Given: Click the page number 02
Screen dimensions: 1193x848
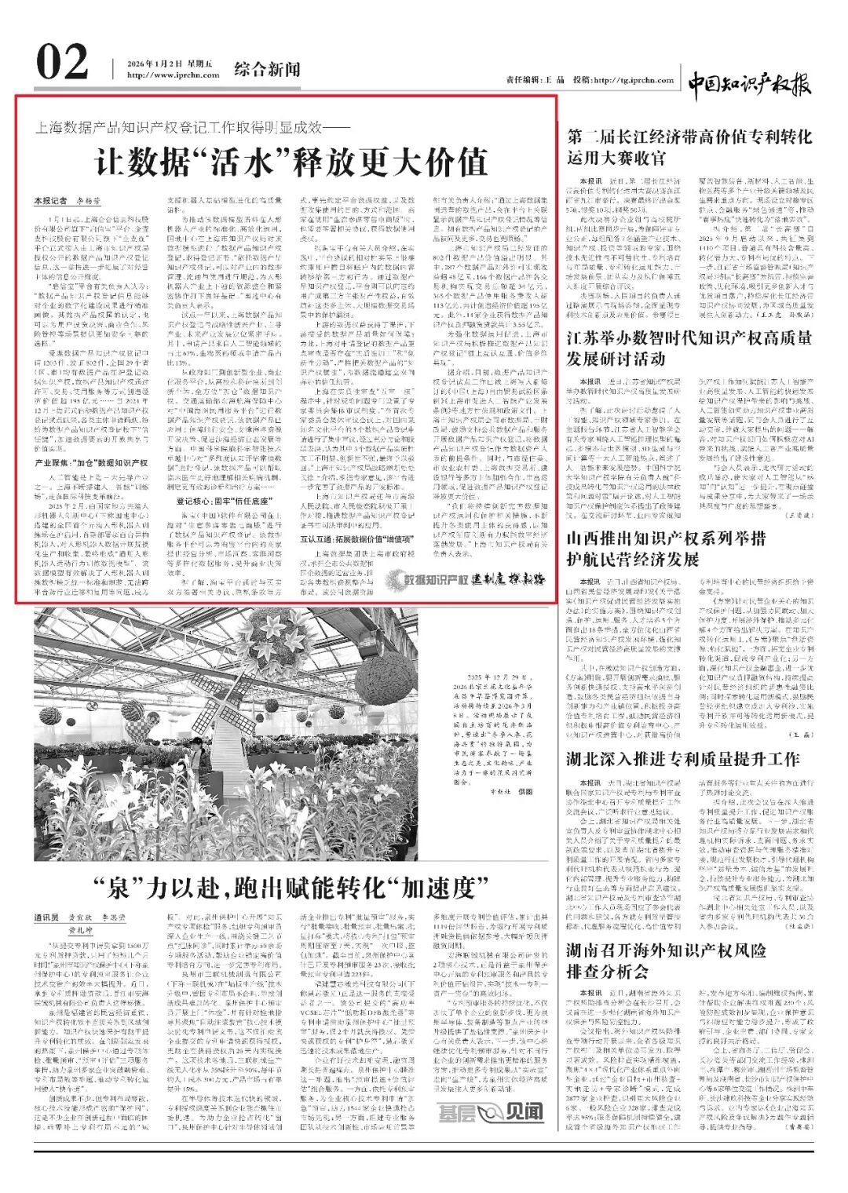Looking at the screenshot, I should (62, 63).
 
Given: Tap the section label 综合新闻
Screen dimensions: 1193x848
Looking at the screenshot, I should (267, 69).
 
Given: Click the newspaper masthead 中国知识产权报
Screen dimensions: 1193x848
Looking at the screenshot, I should (749, 82).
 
